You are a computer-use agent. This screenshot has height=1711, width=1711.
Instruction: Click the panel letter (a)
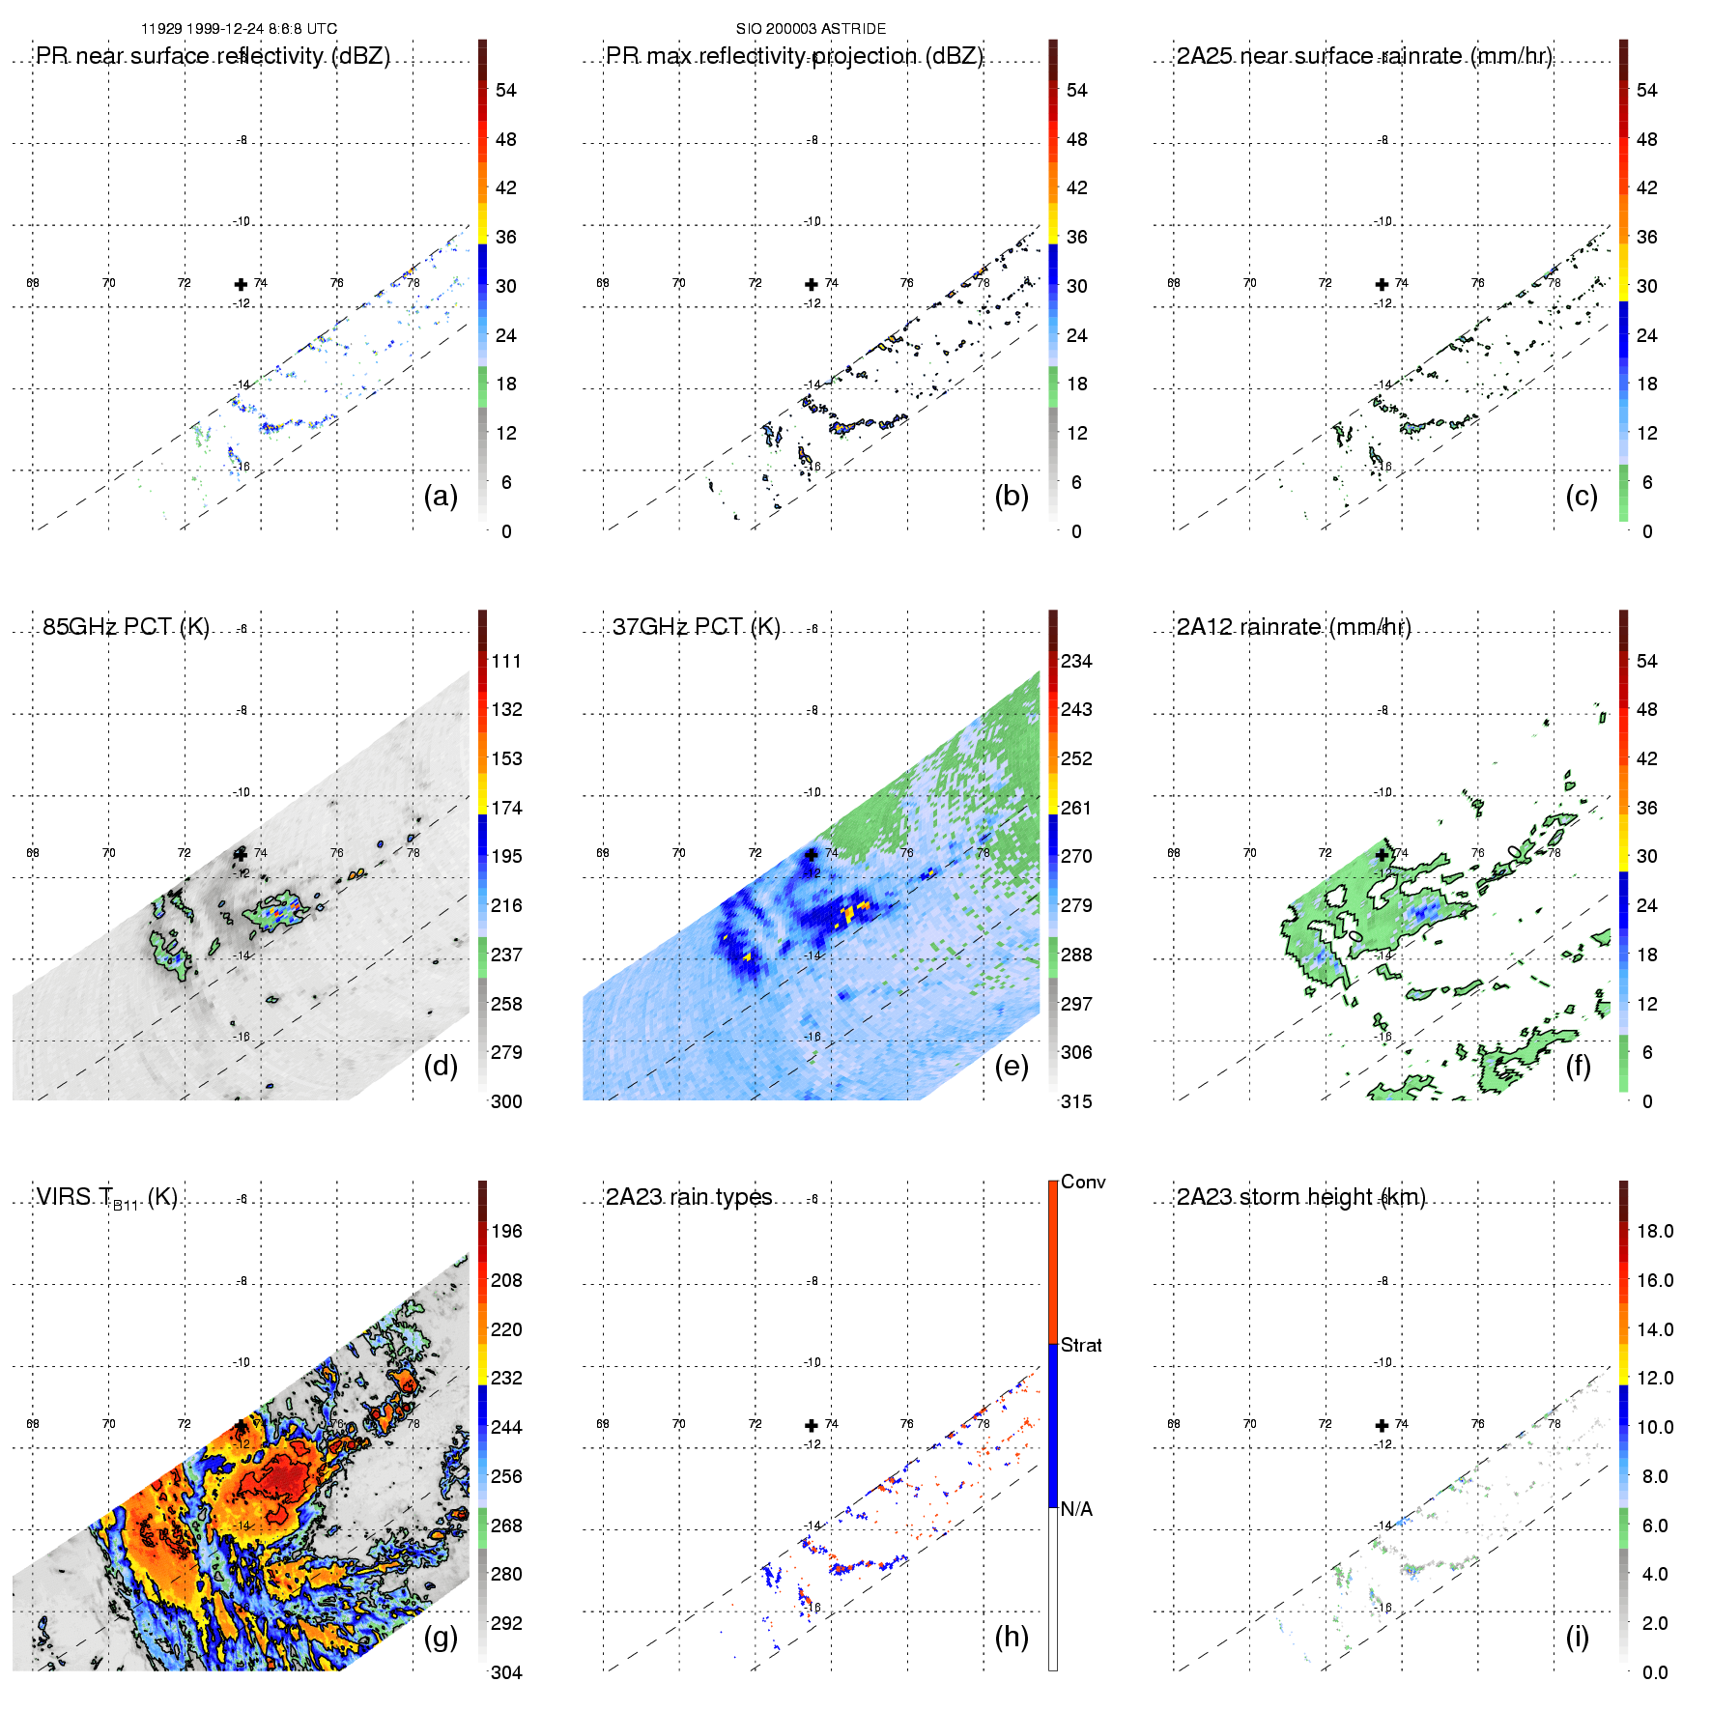click(x=441, y=497)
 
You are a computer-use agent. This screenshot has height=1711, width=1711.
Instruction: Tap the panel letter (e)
click(x=1012, y=1067)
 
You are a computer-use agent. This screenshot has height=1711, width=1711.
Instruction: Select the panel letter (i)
click(x=1577, y=1637)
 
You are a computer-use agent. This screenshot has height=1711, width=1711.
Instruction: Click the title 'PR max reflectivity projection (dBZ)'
click(x=794, y=56)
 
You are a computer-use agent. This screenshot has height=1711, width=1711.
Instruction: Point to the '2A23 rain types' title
click(x=689, y=1197)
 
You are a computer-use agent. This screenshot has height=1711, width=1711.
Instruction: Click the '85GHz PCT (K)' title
click(x=126, y=627)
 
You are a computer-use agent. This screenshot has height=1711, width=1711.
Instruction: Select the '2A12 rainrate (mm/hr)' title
click(x=1294, y=627)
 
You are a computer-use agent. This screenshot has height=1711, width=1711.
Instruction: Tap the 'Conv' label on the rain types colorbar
click(x=1083, y=1182)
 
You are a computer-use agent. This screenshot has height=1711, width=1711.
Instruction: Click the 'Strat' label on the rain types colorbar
click(x=1081, y=1345)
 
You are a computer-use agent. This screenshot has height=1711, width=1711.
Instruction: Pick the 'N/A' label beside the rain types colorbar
click(x=1077, y=1509)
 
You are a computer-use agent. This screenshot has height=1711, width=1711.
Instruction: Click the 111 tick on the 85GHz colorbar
click(x=506, y=661)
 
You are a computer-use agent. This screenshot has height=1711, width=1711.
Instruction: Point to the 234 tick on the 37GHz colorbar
click(x=1076, y=661)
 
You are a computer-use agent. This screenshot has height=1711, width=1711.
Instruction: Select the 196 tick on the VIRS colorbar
click(x=506, y=1231)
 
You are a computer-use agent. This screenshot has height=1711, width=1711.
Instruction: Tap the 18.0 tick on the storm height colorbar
click(x=1655, y=1231)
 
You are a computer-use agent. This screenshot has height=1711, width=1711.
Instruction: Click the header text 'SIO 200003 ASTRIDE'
click(x=811, y=29)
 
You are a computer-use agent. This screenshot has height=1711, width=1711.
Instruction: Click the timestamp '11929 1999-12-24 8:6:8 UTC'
click(x=240, y=29)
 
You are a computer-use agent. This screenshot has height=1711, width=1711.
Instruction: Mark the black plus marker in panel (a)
click(x=241, y=284)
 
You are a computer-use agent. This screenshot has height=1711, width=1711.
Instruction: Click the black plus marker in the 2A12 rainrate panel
click(x=1382, y=854)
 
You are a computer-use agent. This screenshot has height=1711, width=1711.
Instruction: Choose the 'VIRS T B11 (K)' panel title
click(x=106, y=1198)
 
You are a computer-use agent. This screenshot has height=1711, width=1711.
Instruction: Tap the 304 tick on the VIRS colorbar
click(x=506, y=1672)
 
